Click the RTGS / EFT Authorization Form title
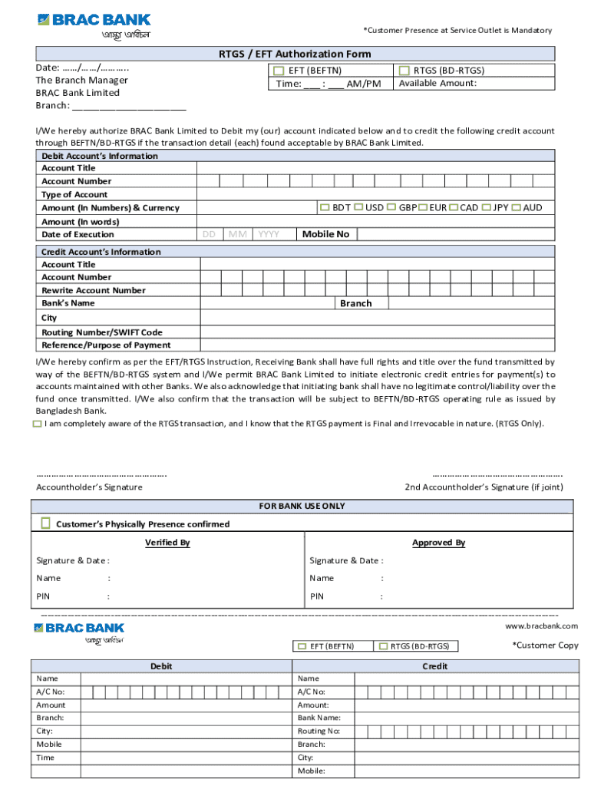295,54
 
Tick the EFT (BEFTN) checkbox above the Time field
279,71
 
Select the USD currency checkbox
358,207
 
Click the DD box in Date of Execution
210,234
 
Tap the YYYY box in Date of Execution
269,234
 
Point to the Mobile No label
325,234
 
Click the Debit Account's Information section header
100,156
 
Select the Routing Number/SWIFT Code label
101,332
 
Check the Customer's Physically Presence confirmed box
45,523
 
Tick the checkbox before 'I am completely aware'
38,424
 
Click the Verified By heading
167,543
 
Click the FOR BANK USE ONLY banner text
302,506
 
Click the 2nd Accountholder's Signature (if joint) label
484,487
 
